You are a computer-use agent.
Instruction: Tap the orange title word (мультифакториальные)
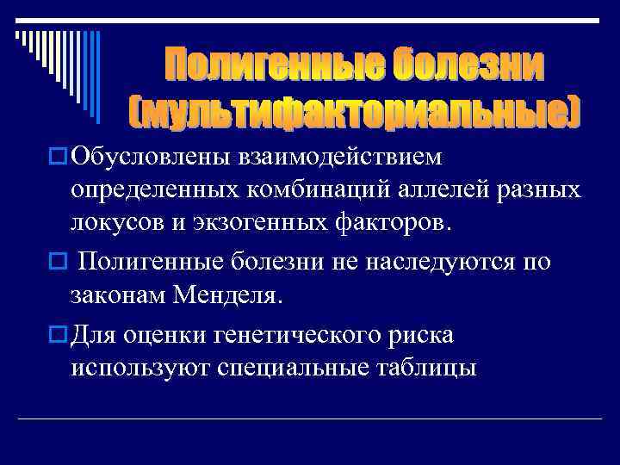point(354,109)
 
